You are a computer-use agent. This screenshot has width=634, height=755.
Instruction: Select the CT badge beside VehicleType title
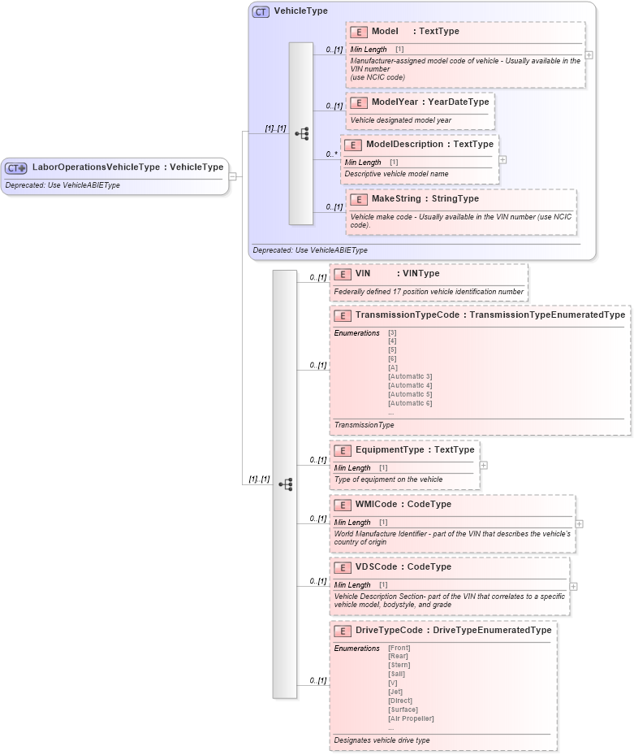[261, 11]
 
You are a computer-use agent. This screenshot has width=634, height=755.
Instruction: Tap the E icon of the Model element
[358, 32]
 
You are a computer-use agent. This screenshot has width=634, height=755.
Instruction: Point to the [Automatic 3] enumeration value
[410, 376]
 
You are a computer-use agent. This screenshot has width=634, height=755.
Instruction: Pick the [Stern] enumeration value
[399, 665]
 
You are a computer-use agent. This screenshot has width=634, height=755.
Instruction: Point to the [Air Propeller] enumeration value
[412, 718]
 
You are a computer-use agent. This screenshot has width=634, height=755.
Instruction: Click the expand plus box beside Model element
[589, 55]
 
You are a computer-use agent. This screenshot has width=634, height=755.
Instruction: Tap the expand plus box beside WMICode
[579, 524]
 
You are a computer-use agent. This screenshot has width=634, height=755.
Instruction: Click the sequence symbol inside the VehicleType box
[301, 133]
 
